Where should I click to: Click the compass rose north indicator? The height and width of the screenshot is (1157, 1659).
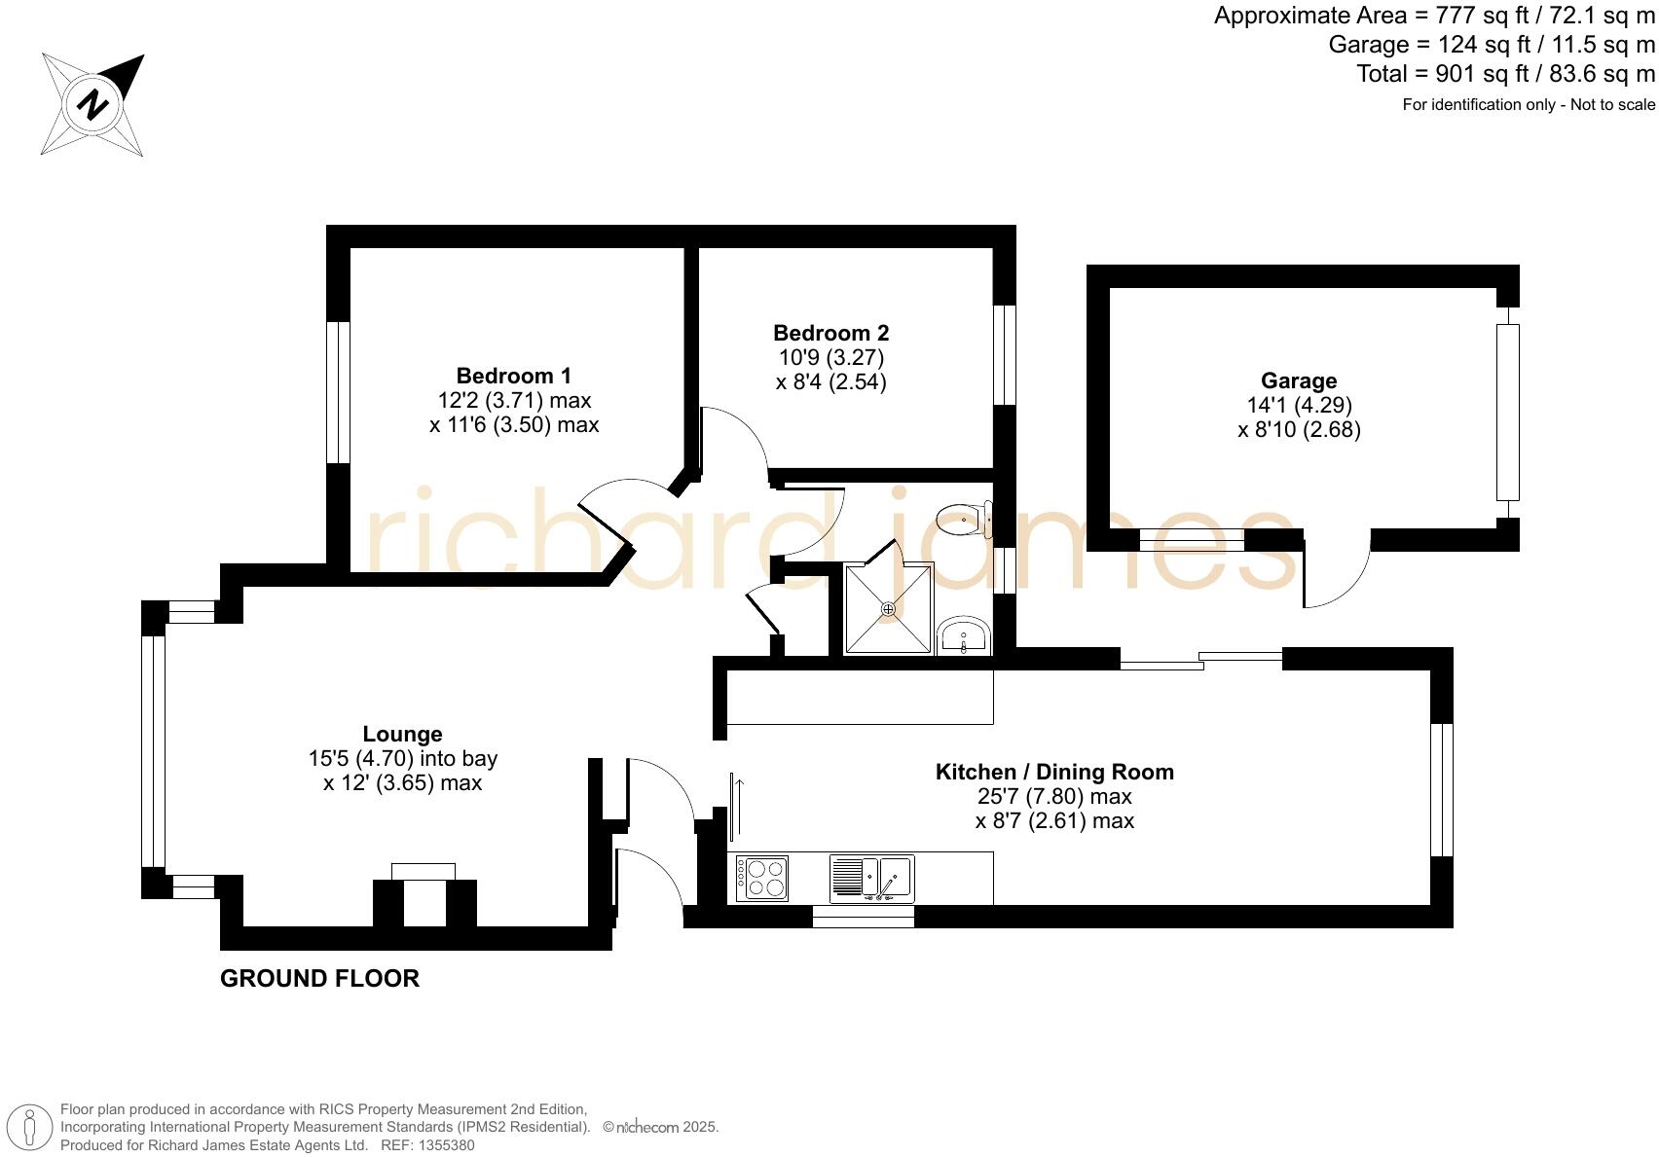coord(93,104)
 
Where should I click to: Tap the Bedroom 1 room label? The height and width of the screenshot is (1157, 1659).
coord(513,376)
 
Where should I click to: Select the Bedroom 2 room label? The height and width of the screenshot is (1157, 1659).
coord(830,333)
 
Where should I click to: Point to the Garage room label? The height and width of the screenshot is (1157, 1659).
coord(1299,380)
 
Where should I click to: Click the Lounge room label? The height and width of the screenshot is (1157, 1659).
coord(402,735)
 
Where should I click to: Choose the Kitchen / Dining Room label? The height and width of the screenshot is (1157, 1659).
coord(1054,772)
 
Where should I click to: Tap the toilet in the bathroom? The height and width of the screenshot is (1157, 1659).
coord(964,520)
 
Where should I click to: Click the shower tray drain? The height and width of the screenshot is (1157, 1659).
coord(888,609)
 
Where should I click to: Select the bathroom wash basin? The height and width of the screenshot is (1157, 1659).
coord(964,637)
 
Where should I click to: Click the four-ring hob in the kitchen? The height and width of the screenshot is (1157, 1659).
coord(761,878)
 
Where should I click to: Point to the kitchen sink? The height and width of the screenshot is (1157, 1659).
coord(871,878)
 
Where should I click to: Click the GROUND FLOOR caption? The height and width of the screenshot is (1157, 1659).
coord(319,979)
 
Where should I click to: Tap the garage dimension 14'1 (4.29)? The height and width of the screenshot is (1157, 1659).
coord(1299,405)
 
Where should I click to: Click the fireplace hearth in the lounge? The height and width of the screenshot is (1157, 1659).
coord(424,871)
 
